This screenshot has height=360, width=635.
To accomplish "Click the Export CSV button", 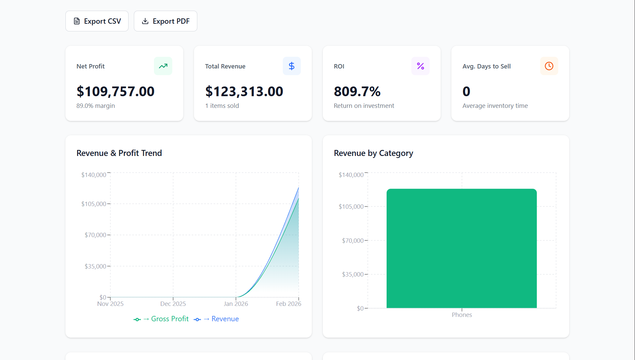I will coord(97,21).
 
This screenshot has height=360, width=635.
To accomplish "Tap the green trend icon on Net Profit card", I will coord(163,66).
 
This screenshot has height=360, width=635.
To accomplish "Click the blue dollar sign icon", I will coord(291,66).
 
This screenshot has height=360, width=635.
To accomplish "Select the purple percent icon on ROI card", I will coord(420,66).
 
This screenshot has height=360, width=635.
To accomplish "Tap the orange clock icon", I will coord(549,66).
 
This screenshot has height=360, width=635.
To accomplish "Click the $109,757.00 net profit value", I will coord(116,92).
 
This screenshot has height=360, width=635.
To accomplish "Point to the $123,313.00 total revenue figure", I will coord(244,92).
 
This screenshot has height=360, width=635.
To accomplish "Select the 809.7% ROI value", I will coord(357,92).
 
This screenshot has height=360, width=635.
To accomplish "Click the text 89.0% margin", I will coord(95,106).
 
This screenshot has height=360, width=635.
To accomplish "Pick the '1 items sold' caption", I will coord(222,106).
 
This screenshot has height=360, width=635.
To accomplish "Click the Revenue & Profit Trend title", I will coord(119,153).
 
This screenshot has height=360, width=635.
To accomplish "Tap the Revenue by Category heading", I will coord(373,153).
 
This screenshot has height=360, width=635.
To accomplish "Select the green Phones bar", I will coord(461,248).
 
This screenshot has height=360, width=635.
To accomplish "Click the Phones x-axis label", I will coord(462,315).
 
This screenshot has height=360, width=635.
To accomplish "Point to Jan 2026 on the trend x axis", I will coord(236,304).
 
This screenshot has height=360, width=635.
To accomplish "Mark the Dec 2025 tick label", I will coord(173,304).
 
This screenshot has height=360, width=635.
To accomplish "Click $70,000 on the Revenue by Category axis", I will coord(353,240).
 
